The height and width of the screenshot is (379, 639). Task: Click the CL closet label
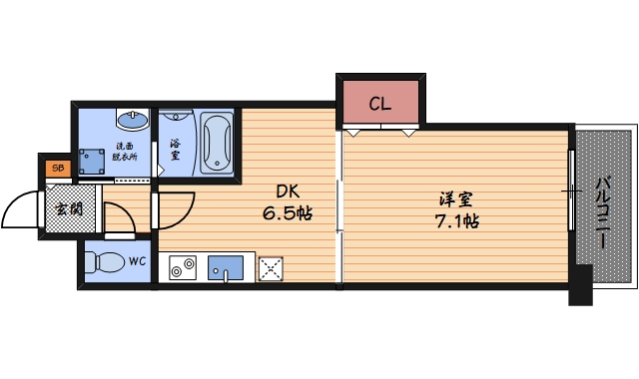point(379,103)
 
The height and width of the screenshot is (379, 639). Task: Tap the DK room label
point(289,191)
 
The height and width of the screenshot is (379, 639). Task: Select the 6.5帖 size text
point(289,214)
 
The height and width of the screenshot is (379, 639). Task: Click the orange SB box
point(56,169)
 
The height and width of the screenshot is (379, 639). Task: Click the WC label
point(137,262)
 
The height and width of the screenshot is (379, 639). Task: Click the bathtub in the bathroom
point(217,144)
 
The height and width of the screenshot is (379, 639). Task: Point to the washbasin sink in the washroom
point(132,122)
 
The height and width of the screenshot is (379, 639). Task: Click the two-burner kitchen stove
point(182,267)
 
